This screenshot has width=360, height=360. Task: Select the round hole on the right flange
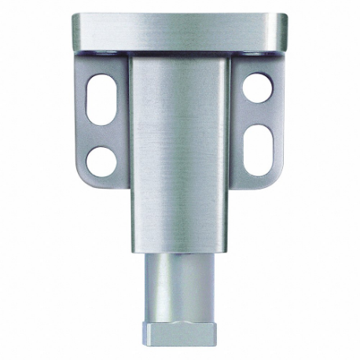pos(257,87)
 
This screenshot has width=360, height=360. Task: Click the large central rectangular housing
pos(180,149)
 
